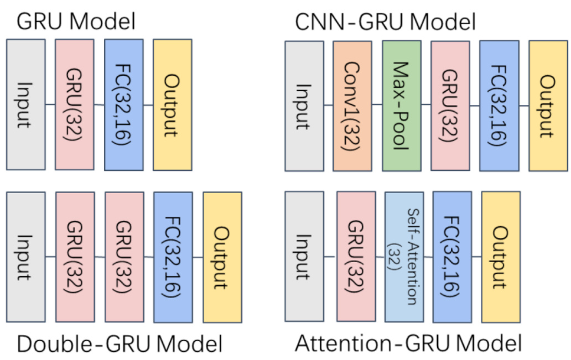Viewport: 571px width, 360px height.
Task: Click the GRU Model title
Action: point(76,22)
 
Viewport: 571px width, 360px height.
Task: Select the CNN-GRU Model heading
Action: point(386,22)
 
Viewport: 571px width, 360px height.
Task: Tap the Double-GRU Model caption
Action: point(120,343)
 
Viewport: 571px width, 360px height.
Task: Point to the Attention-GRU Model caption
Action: point(408,343)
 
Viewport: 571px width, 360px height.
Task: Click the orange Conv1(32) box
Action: point(352,106)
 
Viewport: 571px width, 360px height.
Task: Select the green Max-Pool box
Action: point(401,106)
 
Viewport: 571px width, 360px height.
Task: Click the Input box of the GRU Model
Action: point(25,105)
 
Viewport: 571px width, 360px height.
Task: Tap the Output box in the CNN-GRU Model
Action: point(548,106)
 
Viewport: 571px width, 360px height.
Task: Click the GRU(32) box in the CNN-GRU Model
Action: point(450,106)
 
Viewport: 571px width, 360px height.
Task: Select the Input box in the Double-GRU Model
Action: point(25,257)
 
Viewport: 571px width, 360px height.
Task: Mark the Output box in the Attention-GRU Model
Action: point(501,257)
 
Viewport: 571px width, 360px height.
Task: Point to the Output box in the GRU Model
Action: point(173,105)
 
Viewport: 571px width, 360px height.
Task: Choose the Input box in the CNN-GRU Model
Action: point(304,106)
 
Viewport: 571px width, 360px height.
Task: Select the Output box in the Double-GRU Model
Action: point(222,257)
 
